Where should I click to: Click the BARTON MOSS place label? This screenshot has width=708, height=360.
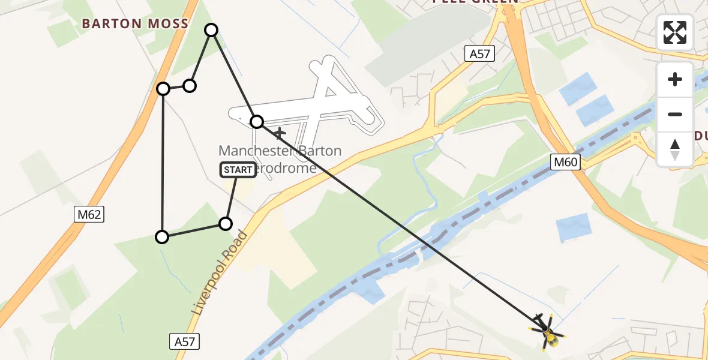135,24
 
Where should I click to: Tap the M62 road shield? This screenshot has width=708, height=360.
89,214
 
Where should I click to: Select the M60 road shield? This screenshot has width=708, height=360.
565,161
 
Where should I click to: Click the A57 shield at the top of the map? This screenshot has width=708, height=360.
479,54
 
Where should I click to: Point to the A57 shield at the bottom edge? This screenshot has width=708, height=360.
184,341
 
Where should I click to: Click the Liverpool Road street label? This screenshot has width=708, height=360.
219,274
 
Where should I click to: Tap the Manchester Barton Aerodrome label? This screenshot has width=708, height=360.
280,159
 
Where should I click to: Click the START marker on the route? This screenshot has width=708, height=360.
238,170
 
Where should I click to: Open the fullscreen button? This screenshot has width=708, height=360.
675,32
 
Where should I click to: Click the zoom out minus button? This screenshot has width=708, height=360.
675,114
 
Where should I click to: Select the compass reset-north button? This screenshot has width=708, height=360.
675,149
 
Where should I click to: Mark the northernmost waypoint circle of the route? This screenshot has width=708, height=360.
211,29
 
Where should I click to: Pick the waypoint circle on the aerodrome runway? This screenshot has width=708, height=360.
257,122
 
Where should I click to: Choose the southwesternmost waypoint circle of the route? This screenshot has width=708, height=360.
162,237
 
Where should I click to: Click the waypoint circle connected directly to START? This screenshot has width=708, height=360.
225,224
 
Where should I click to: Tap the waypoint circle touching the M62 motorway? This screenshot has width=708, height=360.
163,89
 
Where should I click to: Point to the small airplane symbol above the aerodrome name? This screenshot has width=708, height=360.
280,132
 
